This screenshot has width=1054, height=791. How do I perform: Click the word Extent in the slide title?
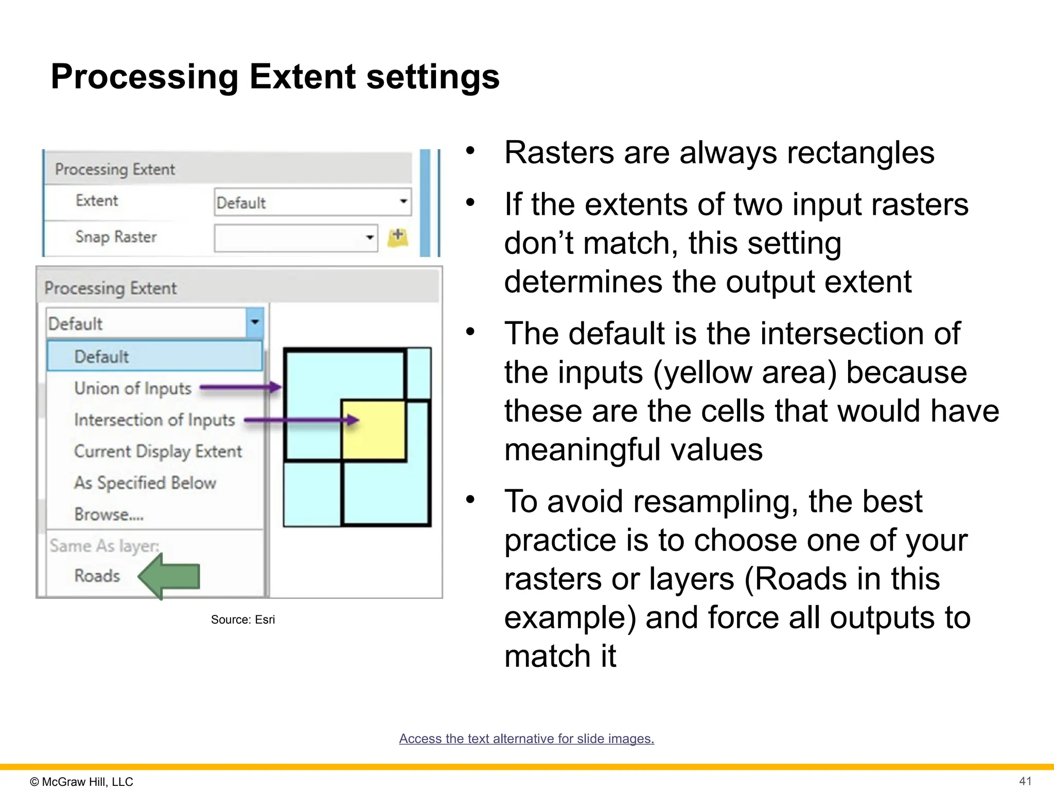(x=303, y=77)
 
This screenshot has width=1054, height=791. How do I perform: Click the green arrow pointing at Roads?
(x=170, y=576)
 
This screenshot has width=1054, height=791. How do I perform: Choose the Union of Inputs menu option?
(x=133, y=388)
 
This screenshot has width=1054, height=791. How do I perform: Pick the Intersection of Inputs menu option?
(x=154, y=420)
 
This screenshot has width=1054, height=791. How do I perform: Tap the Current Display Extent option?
(x=157, y=451)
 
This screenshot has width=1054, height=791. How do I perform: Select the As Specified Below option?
(x=145, y=483)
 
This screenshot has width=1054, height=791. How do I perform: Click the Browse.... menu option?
(x=109, y=514)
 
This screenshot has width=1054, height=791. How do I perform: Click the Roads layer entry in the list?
(x=97, y=575)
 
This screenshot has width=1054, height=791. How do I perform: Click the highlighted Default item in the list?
(x=101, y=356)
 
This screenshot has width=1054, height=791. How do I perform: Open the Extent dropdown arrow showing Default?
(x=403, y=201)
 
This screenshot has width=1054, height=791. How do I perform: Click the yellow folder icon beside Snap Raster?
(x=397, y=237)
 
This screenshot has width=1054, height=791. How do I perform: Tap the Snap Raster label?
(x=116, y=237)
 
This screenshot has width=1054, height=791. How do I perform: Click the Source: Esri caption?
(x=242, y=620)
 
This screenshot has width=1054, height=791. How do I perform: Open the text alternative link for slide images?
(x=526, y=738)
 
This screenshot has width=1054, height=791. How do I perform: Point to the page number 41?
(x=1025, y=781)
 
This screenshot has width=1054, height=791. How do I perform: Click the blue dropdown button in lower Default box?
(x=255, y=323)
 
